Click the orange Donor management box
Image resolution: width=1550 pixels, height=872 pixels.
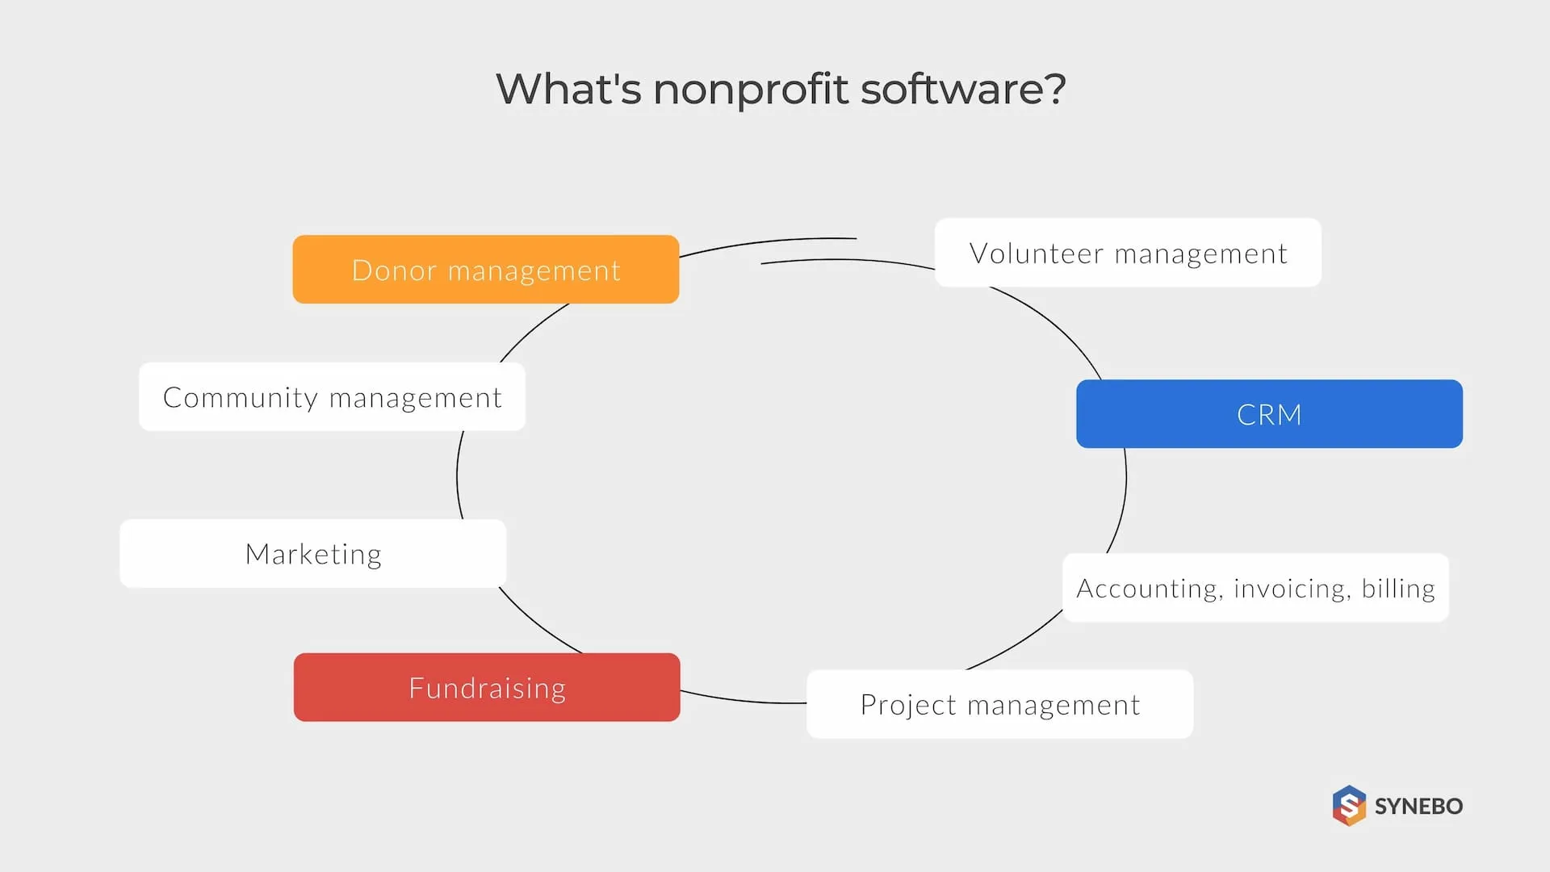coord(485,270)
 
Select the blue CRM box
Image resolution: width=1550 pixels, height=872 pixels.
coord(1269,414)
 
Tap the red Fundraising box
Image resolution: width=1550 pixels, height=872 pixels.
coord(487,688)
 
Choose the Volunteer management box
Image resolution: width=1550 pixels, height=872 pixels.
coord(1128,253)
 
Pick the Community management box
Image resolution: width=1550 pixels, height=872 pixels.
coord(332,397)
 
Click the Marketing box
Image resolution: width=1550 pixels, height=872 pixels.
coord(313,554)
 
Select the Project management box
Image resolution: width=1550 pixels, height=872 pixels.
coord(999,704)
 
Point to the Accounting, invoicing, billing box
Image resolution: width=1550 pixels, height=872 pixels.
coord(1255,588)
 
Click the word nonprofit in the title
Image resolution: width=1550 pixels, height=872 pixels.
coord(750,89)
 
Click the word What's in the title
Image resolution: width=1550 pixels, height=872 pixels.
coord(568,89)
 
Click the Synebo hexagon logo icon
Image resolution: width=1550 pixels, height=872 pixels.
coord(1349,806)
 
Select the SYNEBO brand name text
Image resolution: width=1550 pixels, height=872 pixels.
coord(1418,806)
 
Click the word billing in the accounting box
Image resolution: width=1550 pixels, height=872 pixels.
coord(1398,589)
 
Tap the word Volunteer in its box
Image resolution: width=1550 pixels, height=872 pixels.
coord(1036,254)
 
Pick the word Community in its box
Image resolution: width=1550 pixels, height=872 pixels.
coord(241,398)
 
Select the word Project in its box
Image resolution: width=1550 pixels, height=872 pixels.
coord(908,705)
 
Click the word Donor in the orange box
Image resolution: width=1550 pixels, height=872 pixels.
coord(393,270)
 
